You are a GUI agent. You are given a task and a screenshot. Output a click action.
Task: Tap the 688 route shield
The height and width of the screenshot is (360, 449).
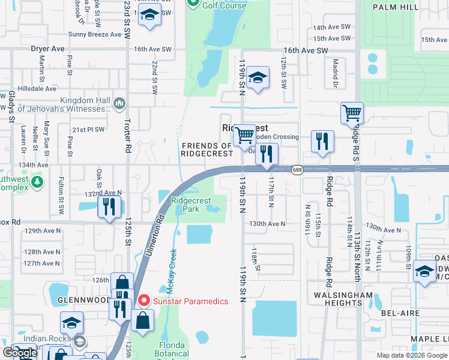point(297,170)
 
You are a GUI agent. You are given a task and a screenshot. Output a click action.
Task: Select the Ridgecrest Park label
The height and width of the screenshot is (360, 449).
point(185,205)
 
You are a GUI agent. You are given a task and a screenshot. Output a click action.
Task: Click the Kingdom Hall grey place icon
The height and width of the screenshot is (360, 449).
point(118,104)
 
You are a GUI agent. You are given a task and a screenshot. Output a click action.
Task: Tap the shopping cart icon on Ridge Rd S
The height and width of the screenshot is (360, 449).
point(352,113)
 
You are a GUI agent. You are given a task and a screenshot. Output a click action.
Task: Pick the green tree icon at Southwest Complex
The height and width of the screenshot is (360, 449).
point(37,181)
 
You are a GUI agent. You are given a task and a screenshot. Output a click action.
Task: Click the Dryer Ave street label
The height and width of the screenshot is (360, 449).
point(47,49)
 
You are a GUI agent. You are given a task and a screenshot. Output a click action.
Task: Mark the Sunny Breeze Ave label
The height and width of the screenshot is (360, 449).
point(95,35)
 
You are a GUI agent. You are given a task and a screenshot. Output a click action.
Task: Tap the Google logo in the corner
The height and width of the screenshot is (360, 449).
point(20,353)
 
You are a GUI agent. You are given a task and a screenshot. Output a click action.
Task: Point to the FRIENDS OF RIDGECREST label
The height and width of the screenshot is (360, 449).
point(206,149)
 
